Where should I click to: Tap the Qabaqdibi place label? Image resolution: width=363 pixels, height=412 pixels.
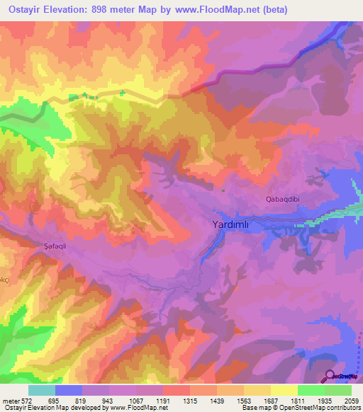point(283,200)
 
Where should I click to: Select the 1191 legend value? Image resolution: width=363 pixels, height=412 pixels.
point(162,400)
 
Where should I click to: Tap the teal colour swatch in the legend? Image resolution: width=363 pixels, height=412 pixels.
point(42,390)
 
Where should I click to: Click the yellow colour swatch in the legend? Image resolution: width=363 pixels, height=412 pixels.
point(284,390)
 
